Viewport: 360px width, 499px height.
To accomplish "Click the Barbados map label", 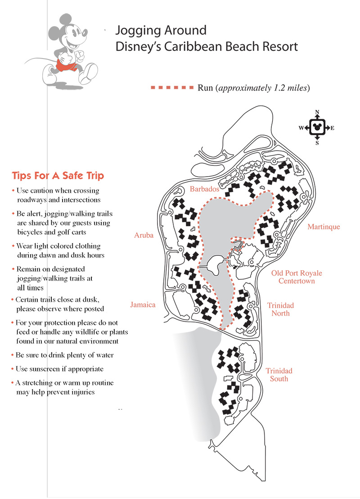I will click(204, 189).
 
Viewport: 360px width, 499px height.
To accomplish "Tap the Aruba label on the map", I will click(144, 235).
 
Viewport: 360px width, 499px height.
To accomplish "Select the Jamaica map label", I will click(143, 305).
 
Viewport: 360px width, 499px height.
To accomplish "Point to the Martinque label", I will click(324, 227).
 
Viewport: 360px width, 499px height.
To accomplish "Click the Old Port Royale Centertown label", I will click(296, 277).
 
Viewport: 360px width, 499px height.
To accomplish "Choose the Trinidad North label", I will click(280, 309).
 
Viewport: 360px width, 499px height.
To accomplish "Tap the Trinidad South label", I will click(279, 375).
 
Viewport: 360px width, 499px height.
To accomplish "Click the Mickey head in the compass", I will click(317, 127).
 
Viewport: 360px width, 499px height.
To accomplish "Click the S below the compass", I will click(317, 143).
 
